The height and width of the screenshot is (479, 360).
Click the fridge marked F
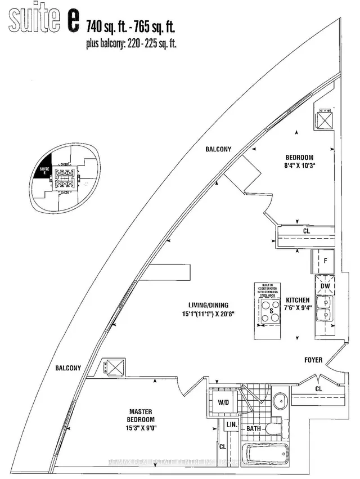click(325, 261)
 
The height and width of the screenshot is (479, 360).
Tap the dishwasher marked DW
click(325, 286)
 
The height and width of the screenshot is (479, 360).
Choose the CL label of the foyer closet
click(319, 389)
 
